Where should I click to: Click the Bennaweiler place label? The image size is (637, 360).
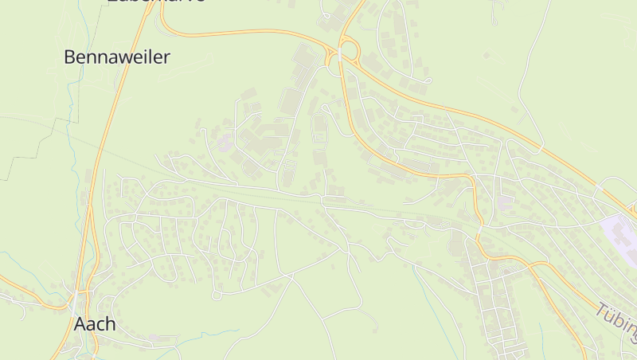[116, 57]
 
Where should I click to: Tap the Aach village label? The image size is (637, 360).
[95, 324]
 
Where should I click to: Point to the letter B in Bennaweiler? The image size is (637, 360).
[70, 57]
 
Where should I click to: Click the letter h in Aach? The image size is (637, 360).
[111, 324]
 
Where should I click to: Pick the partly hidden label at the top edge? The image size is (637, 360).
[156, 2]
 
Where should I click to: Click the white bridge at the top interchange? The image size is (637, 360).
[339, 53]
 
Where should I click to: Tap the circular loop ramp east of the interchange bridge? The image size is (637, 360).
[353, 50]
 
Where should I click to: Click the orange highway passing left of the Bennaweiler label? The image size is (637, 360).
[112, 112]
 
